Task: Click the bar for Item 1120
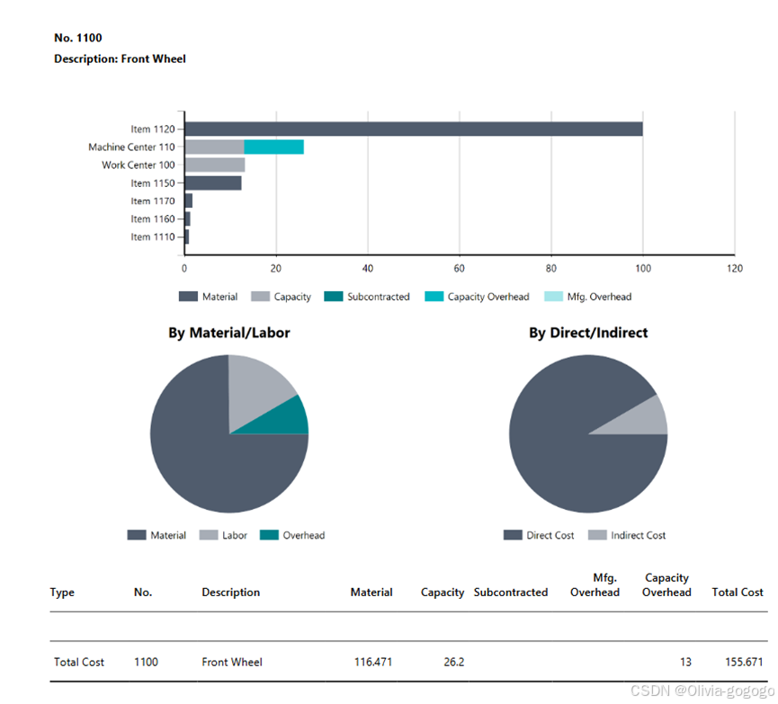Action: [414, 129]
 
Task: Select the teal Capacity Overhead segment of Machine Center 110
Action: [273, 147]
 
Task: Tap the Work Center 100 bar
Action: [215, 165]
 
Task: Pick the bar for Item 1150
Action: [213, 183]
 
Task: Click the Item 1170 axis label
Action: [152, 201]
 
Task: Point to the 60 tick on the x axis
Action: [460, 268]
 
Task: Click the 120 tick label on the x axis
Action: [734, 268]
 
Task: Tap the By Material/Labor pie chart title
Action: [229, 333]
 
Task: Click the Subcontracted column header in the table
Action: [510, 593]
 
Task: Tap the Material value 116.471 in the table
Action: [373, 663]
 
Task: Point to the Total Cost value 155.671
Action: [743, 663]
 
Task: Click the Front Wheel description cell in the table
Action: [232, 663]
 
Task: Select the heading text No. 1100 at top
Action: [78, 38]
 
